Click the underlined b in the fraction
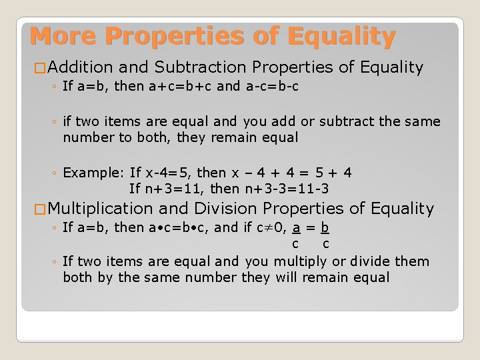(x=325, y=229)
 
